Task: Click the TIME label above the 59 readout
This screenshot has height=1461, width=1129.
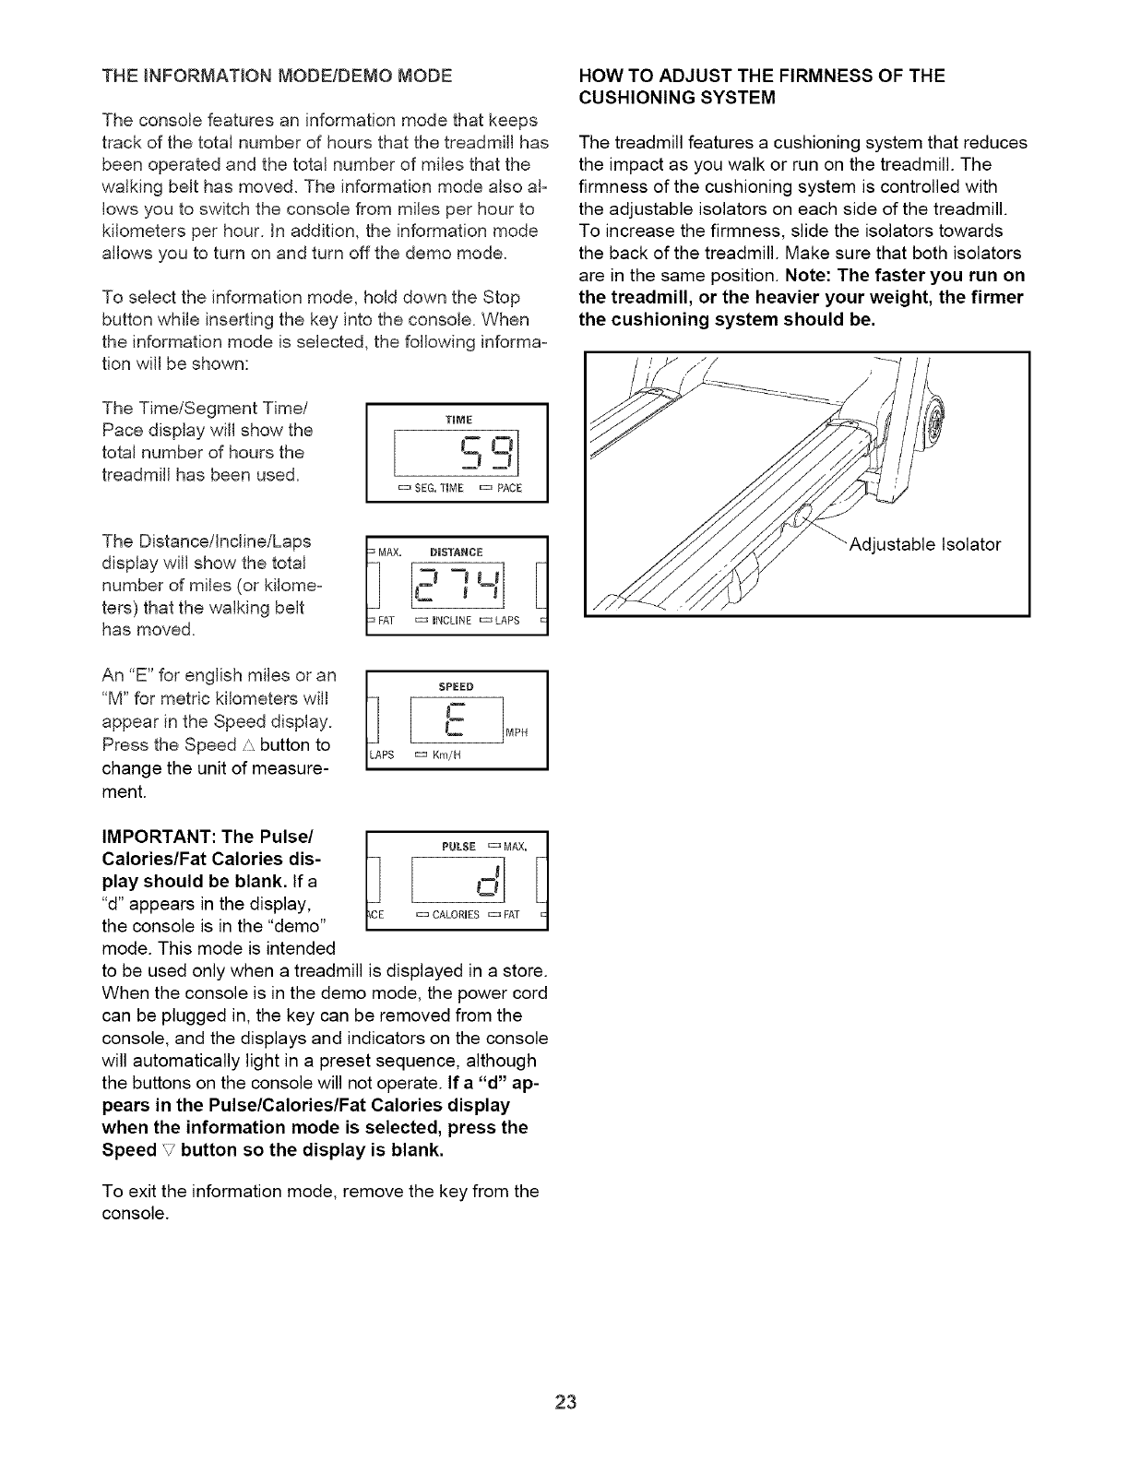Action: click(x=458, y=419)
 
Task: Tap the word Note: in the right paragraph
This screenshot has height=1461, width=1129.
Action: click(x=810, y=276)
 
